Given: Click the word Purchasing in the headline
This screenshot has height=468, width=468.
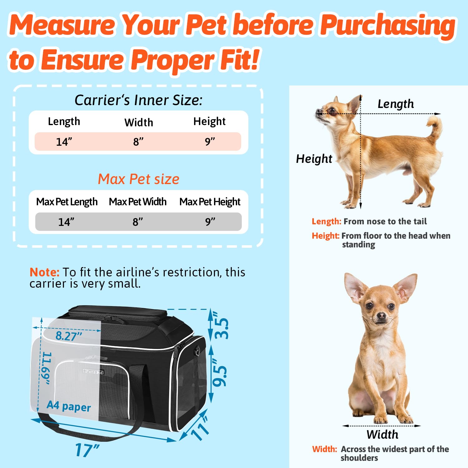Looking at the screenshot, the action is pyautogui.click(x=388, y=26).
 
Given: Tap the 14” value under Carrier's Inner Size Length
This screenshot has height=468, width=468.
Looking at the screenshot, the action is pyautogui.click(x=64, y=142).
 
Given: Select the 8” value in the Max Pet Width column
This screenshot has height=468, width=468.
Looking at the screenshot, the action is pyautogui.click(x=138, y=222).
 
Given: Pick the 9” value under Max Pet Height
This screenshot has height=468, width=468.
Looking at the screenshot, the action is pyautogui.click(x=210, y=222).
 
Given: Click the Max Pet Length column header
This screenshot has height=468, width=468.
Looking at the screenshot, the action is pyautogui.click(x=67, y=202).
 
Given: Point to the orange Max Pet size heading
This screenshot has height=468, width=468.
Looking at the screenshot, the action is pyautogui.click(x=139, y=179).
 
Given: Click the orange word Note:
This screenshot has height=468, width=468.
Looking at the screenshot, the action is pyautogui.click(x=44, y=272).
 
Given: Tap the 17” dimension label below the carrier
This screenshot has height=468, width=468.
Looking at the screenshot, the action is pyautogui.click(x=87, y=450).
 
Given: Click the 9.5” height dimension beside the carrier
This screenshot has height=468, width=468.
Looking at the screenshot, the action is pyautogui.click(x=220, y=372).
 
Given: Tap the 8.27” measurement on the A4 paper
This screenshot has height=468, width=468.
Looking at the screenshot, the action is pyautogui.click(x=69, y=336).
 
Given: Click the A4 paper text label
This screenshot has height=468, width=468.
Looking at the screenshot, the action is pyautogui.click(x=69, y=406).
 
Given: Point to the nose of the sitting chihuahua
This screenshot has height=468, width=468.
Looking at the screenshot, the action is pyautogui.click(x=381, y=316).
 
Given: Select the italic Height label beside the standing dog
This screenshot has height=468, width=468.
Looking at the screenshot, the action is pyautogui.click(x=314, y=159).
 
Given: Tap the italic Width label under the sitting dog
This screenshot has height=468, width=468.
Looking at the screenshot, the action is pyautogui.click(x=383, y=434).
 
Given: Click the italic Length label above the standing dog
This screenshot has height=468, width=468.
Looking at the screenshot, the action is pyautogui.click(x=396, y=104).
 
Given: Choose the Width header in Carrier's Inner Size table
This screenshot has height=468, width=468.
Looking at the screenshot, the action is pyautogui.click(x=139, y=122).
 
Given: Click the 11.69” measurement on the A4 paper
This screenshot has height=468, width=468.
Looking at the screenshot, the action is pyautogui.click(x=46, y=368).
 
